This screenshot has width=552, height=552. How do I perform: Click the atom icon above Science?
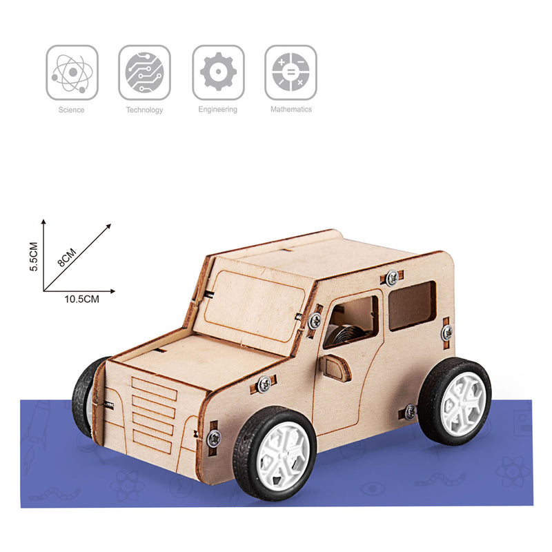click(72, 72)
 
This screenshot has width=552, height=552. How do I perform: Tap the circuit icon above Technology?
click(145, 72)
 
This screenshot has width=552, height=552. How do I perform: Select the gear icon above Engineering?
click(218, 72)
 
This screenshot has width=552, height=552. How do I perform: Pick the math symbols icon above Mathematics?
click(290, 72)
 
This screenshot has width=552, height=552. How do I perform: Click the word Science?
click(72, 110)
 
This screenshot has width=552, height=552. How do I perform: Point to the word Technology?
click(145, 110)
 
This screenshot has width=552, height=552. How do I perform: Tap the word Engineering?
click(218, 110)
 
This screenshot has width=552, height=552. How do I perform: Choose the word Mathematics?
click(290, 109)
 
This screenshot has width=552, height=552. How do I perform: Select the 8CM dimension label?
click(67, 257)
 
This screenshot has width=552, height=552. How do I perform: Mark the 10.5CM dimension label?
click(82, 299)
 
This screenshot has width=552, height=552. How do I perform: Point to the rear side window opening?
click(412, 305)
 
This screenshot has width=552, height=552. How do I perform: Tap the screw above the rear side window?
click(392, 277)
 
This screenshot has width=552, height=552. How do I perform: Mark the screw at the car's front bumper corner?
click(214, 436)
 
